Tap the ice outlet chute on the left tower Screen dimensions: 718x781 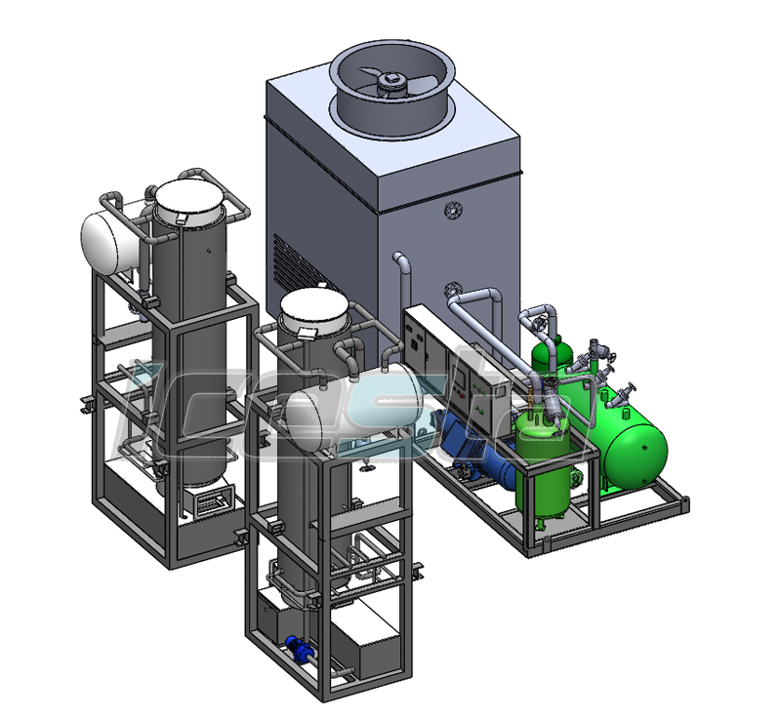[210, 503]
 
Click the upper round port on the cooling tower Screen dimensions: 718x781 [452, 210]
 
